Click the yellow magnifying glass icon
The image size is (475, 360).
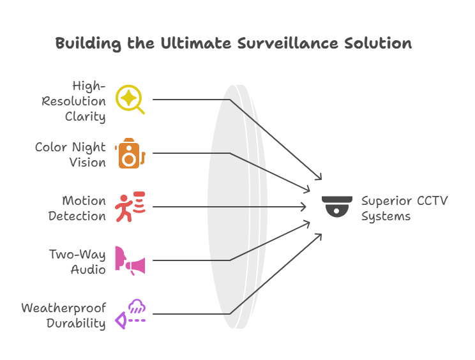[130, 100]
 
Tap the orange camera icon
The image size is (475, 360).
[130, 153]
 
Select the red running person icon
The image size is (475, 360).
[130, 207]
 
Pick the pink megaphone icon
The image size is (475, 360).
[130, 260]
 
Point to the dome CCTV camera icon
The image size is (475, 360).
[337, 207]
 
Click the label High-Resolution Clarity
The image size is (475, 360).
[75, 100]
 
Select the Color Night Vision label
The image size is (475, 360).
[71, 154]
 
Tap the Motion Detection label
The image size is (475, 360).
[77, 208]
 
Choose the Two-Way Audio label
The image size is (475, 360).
[79, 262]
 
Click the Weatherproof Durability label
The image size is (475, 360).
[64, 315]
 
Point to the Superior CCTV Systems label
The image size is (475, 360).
[404, 208]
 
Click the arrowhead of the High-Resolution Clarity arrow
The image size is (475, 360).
[319, 178]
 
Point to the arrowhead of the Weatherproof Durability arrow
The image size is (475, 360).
[319, 236]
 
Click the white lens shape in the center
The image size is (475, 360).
[236, 207]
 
